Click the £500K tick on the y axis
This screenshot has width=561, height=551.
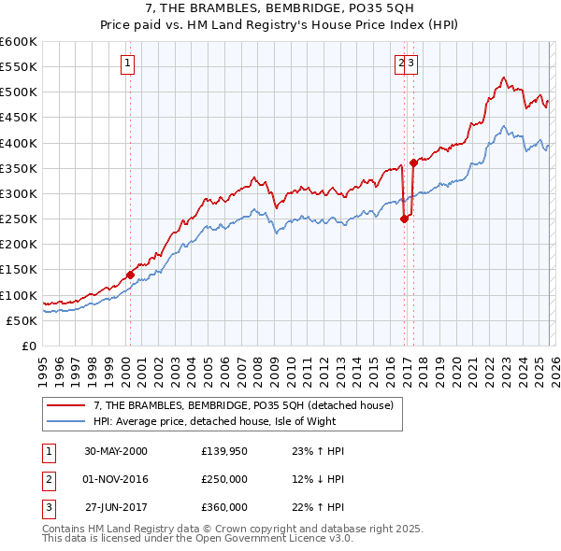click(20, 92)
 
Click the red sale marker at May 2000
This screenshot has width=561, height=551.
click(130, 275)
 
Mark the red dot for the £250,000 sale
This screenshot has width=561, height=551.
click(404, 219)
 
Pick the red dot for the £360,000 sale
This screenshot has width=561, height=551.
click(413, 163)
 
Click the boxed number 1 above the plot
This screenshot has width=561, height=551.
click(127, 64)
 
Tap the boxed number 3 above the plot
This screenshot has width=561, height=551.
click(411, 64)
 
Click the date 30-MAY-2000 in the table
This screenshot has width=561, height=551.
click(116, 451)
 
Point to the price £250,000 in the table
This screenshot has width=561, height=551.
click(224, 479)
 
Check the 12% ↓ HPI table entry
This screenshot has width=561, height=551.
click(319, 479)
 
